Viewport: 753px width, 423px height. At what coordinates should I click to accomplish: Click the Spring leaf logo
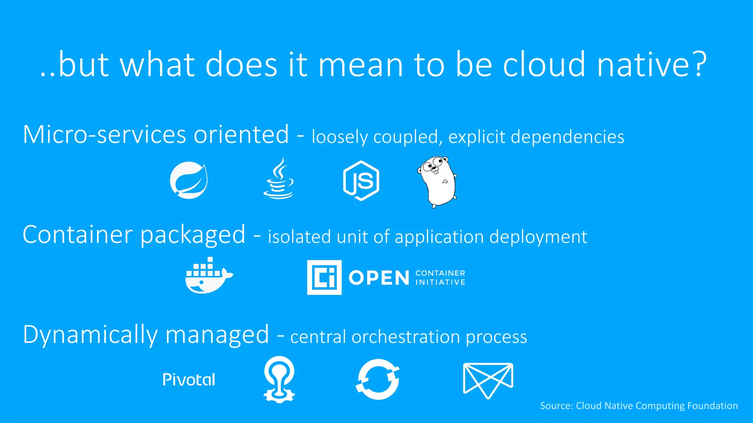[x=189, y=180]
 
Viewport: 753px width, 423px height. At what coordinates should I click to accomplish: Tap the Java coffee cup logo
[x=278, y=179]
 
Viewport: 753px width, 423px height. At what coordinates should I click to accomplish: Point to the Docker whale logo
[x=208, y=276]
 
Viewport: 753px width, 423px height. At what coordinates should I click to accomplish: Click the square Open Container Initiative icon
[x=324, y=278]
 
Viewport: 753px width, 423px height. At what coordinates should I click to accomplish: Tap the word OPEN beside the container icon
[x=379, y=278]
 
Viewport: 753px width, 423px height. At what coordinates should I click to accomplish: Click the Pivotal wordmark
[x=189, y=380]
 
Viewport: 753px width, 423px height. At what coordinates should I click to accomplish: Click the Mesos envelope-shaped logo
[x=488, y=380]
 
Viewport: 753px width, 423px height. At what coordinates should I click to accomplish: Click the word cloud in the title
[x=544, y=65]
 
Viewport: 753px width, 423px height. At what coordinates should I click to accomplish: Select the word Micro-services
[x=105, y=134]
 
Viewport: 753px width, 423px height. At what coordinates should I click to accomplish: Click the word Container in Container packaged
[x=77, y=235]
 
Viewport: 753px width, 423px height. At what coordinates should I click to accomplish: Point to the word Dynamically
[x=90, y=335]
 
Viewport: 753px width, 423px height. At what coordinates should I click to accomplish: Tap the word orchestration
[x=406, y=337]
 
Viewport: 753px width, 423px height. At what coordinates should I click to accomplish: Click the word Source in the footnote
[x=556, y=406]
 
